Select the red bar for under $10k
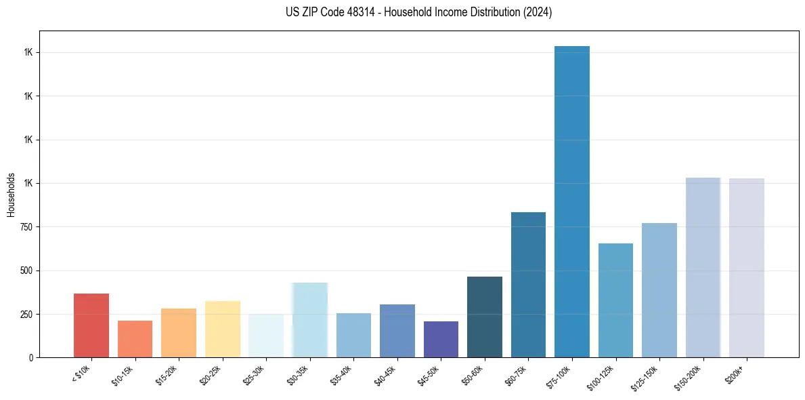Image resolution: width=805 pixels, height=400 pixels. point(91,325)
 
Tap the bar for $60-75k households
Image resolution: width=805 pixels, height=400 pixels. point(528,285)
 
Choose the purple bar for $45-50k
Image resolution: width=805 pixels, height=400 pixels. point(441,339)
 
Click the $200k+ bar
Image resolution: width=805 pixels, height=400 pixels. point(746,268)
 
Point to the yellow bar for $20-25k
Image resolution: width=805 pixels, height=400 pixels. point(223,329)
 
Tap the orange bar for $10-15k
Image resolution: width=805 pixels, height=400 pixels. point(135,339)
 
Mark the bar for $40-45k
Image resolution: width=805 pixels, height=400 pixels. point(397,331)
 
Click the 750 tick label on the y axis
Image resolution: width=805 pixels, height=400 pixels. point(26,227)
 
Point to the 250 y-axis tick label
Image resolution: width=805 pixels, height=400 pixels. point(26,315)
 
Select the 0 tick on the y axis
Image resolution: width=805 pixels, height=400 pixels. point(31,358)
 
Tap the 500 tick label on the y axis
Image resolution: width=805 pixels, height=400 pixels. point(26,271)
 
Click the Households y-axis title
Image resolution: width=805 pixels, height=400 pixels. point(11,194)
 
